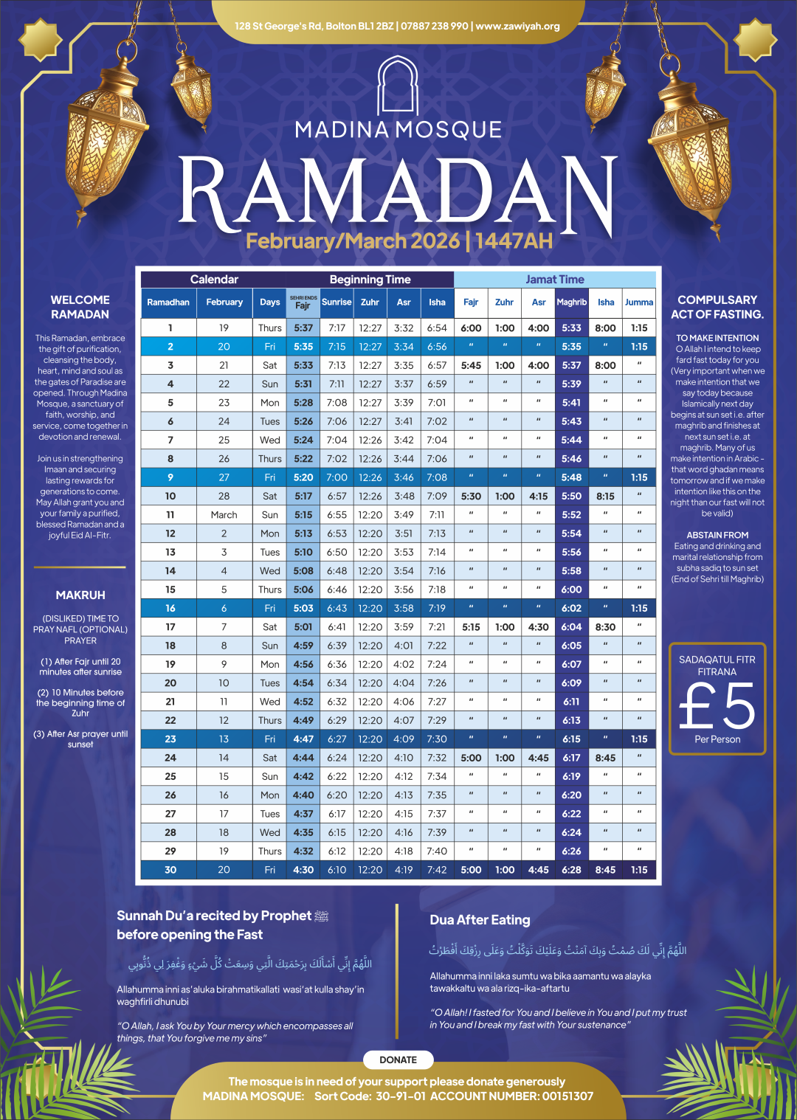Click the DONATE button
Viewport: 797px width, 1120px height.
tap(398, 1059)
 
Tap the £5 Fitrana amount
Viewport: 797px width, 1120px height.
tap(717, 705)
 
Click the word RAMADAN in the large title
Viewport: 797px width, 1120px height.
tap(398, 193)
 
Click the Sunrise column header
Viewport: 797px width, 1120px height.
tap(337, 302)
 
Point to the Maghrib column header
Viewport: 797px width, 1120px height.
tap(571, 302)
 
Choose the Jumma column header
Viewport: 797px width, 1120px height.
tap(639, 302)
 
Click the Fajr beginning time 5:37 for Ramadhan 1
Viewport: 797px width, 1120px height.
tap(303, 328)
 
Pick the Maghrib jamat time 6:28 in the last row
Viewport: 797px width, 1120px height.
tap(571, 869)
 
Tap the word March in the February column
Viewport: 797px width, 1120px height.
tap(224, 514)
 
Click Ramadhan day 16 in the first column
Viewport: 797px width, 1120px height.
tap(170, 608)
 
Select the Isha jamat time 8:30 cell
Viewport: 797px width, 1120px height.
tap(605, 626)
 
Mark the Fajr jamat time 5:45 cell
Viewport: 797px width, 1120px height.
tap(471, 365)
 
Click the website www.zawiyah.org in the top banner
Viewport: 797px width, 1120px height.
tap(517, 26)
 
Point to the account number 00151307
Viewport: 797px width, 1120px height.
tap(567, 1096)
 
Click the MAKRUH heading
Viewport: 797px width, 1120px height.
tap(80, 595)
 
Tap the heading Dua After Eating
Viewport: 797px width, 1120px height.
tap(480, 920)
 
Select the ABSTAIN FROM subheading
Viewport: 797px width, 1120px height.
tap(717, 535)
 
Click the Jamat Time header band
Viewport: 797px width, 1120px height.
tap(555, 280)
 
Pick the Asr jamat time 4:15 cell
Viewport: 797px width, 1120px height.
tap(539, 496)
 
